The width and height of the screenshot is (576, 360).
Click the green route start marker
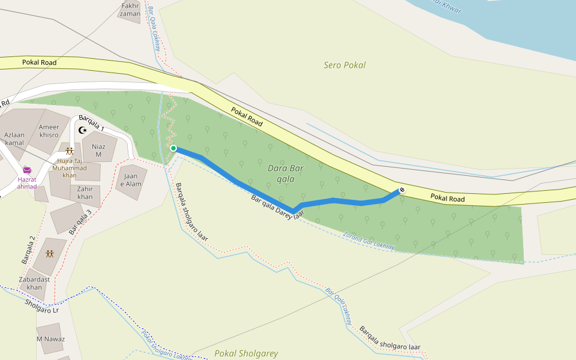(173, 148)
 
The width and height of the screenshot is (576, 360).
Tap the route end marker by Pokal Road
(401, 190)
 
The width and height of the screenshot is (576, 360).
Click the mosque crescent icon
(83, 130)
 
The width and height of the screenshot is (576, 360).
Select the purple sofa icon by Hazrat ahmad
(27, 170)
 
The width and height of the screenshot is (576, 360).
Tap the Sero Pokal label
(344, 65)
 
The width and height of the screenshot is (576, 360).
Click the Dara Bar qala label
(286, 173)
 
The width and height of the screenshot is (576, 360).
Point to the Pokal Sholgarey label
(246, 353)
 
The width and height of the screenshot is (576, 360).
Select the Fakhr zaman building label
(130, 10)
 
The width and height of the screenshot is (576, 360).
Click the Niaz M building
(98, 150)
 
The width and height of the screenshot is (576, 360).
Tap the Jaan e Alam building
(130, 180)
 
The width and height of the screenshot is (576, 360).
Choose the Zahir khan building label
(85, 193)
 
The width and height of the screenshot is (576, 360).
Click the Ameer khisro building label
(49, 131)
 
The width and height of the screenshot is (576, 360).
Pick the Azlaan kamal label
(14, 139)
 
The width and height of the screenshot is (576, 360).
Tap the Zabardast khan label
(35, 283)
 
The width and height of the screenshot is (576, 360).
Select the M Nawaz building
(50, 339)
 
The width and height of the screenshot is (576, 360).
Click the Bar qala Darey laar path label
(274, 206)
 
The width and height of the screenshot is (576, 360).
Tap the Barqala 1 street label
(91, 123)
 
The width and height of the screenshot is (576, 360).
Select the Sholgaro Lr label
(42, 306)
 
